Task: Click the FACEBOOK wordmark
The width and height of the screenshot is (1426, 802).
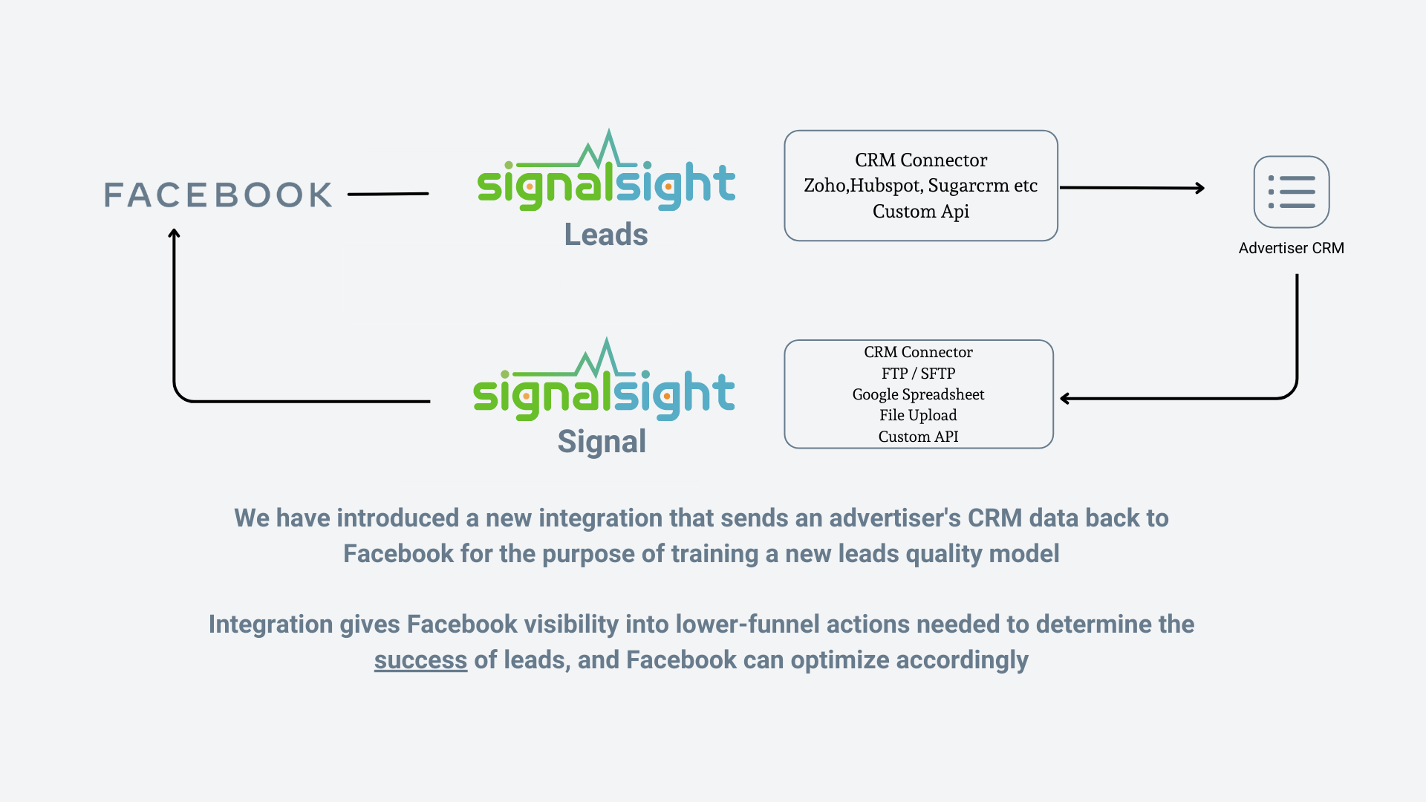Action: coord(218,195)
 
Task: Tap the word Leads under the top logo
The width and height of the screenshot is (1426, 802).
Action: coord(606,235)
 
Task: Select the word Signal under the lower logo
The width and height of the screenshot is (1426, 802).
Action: coord(602,442)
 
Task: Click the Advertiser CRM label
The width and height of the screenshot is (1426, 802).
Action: coord(1291,248)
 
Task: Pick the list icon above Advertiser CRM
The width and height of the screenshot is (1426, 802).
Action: coord(1291,192)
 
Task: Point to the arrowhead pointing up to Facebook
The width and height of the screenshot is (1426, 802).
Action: coord(174,234)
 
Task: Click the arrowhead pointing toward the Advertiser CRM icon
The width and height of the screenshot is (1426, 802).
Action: coord(1199,189)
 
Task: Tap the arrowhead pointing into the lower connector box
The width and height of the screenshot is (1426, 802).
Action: coord(1065,399)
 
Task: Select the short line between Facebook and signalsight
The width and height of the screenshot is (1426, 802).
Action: coord(388,194)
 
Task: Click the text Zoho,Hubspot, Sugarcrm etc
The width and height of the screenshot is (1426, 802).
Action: coord(920,186)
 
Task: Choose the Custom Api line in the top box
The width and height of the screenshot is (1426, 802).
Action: coord(920,212)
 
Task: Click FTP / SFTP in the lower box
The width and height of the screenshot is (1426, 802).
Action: coord(918,374)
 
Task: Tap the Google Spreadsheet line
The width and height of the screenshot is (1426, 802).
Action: coord(918,394)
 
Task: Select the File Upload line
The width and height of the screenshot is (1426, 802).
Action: coord(918,415)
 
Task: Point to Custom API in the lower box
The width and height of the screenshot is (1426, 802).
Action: coord(918,437)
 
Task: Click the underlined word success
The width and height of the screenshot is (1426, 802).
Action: coord(420,660)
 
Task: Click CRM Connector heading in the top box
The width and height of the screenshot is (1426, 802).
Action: coord(921,160)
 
